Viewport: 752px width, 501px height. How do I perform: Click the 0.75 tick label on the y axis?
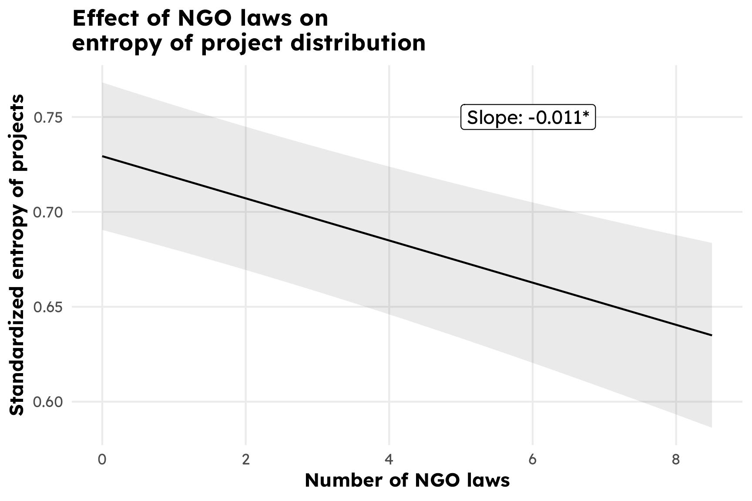coord(48,117)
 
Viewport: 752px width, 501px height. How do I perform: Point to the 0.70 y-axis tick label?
coord(48,212)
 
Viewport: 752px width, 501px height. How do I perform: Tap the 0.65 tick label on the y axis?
coord(48,307)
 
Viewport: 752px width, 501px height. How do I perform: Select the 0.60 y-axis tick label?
coord(48,402)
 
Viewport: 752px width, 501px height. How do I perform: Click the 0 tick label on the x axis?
coord(102,460)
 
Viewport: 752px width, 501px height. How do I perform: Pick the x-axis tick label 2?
coord(246,460)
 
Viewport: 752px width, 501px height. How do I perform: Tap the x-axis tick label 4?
coord(389,460)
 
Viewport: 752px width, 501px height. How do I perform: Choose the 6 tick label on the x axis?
coord(532,460)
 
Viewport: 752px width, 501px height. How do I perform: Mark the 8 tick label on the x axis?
coord(675,460)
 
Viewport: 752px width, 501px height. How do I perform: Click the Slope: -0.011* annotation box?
coord(527,117)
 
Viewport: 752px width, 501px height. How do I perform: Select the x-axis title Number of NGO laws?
coord(407,481)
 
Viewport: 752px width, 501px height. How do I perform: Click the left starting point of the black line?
coord(103,156)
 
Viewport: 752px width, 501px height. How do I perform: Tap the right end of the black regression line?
coord(712,335)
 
